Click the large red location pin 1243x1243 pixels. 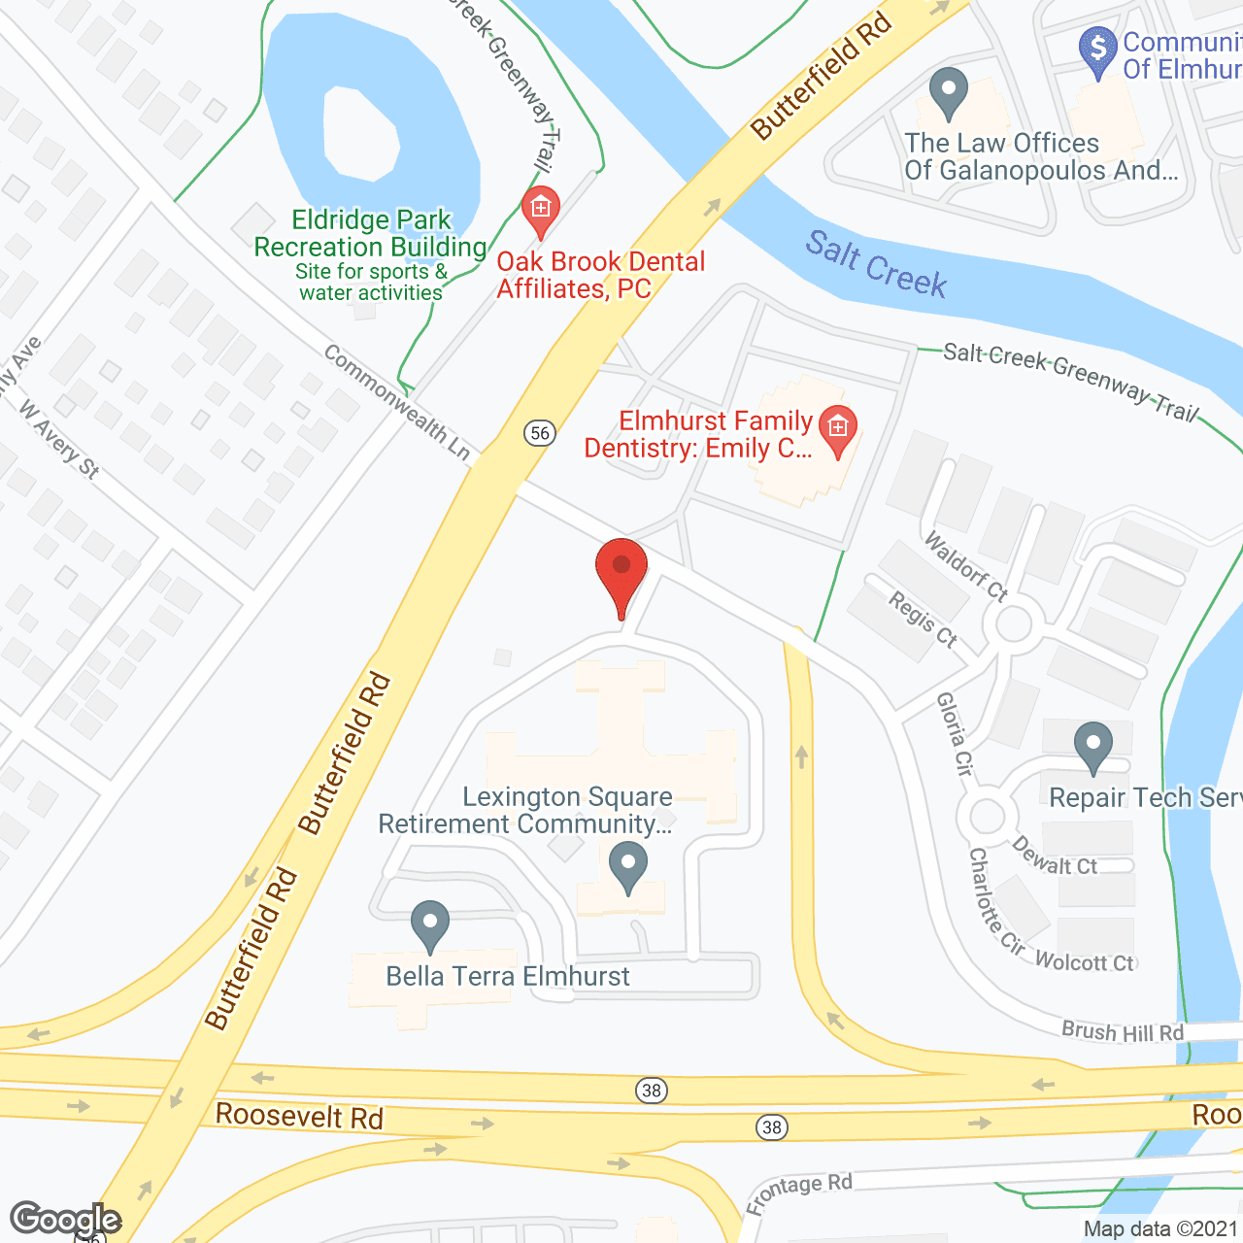621,574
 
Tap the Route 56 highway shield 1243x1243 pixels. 541,433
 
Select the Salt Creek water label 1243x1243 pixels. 876,263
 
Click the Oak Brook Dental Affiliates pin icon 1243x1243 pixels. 541,210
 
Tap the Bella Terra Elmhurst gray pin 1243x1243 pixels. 429,924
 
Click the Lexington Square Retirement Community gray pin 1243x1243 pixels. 628,865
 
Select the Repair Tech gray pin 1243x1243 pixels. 1093,747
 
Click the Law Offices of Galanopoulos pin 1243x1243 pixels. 949,92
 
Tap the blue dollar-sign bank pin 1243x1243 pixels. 1098,50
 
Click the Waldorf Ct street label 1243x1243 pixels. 966,565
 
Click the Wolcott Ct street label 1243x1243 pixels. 1084,962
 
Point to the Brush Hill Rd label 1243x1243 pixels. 1123,1031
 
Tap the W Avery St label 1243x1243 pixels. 59,441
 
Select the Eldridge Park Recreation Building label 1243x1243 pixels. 370,234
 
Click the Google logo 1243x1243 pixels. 65,1219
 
